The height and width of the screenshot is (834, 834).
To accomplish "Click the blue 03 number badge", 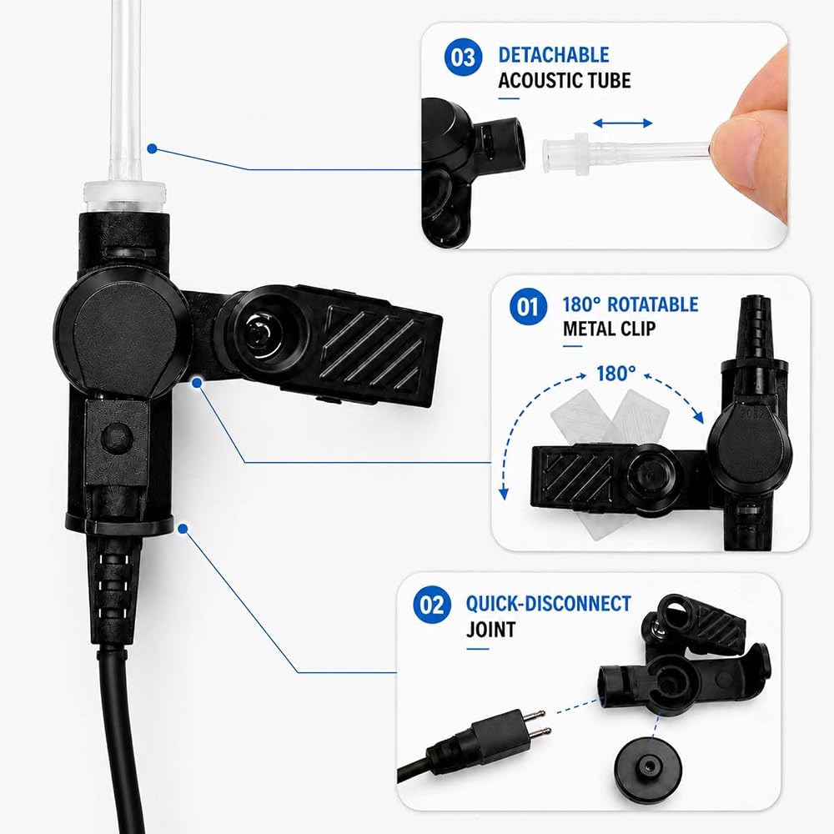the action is pos(463,57).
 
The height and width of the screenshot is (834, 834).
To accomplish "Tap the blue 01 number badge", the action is pos(528,306).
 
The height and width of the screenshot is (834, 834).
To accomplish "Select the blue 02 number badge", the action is pos(432,605).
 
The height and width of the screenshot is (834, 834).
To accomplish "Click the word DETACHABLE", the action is pos(554,55).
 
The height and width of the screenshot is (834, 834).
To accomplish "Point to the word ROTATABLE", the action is pos(653,304).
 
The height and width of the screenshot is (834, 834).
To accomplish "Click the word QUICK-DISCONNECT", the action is pos(549,604).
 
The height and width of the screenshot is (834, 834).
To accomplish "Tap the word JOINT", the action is pos(491,629).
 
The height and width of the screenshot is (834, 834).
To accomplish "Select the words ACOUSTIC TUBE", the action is pos(565,80).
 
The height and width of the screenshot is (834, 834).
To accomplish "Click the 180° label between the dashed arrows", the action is pos(616,374).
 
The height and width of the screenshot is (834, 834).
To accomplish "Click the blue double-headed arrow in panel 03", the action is pos(622,123).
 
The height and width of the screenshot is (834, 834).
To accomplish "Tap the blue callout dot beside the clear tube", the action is pos(152,149).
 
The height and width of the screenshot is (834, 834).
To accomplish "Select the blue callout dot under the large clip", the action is pos(198,382).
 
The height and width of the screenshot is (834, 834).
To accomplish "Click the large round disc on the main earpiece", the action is pos(123,334).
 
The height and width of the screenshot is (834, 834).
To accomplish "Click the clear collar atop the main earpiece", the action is pos(124,197).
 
